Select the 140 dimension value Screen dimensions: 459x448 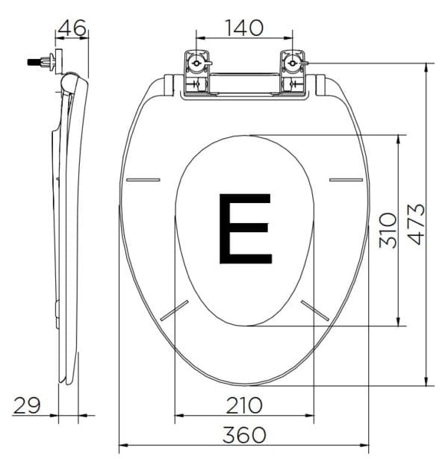click(x=244, y=28)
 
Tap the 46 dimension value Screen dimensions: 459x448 click(x=72, y=28)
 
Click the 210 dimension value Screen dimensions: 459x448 click(x=244, y=405)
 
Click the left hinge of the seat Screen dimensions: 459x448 click(x=196, y=72)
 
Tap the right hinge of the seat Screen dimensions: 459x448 click(x=293, y=72)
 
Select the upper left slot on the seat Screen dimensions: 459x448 click(x=144, y=179)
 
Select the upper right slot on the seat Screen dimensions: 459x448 click(x=346, y=179)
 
